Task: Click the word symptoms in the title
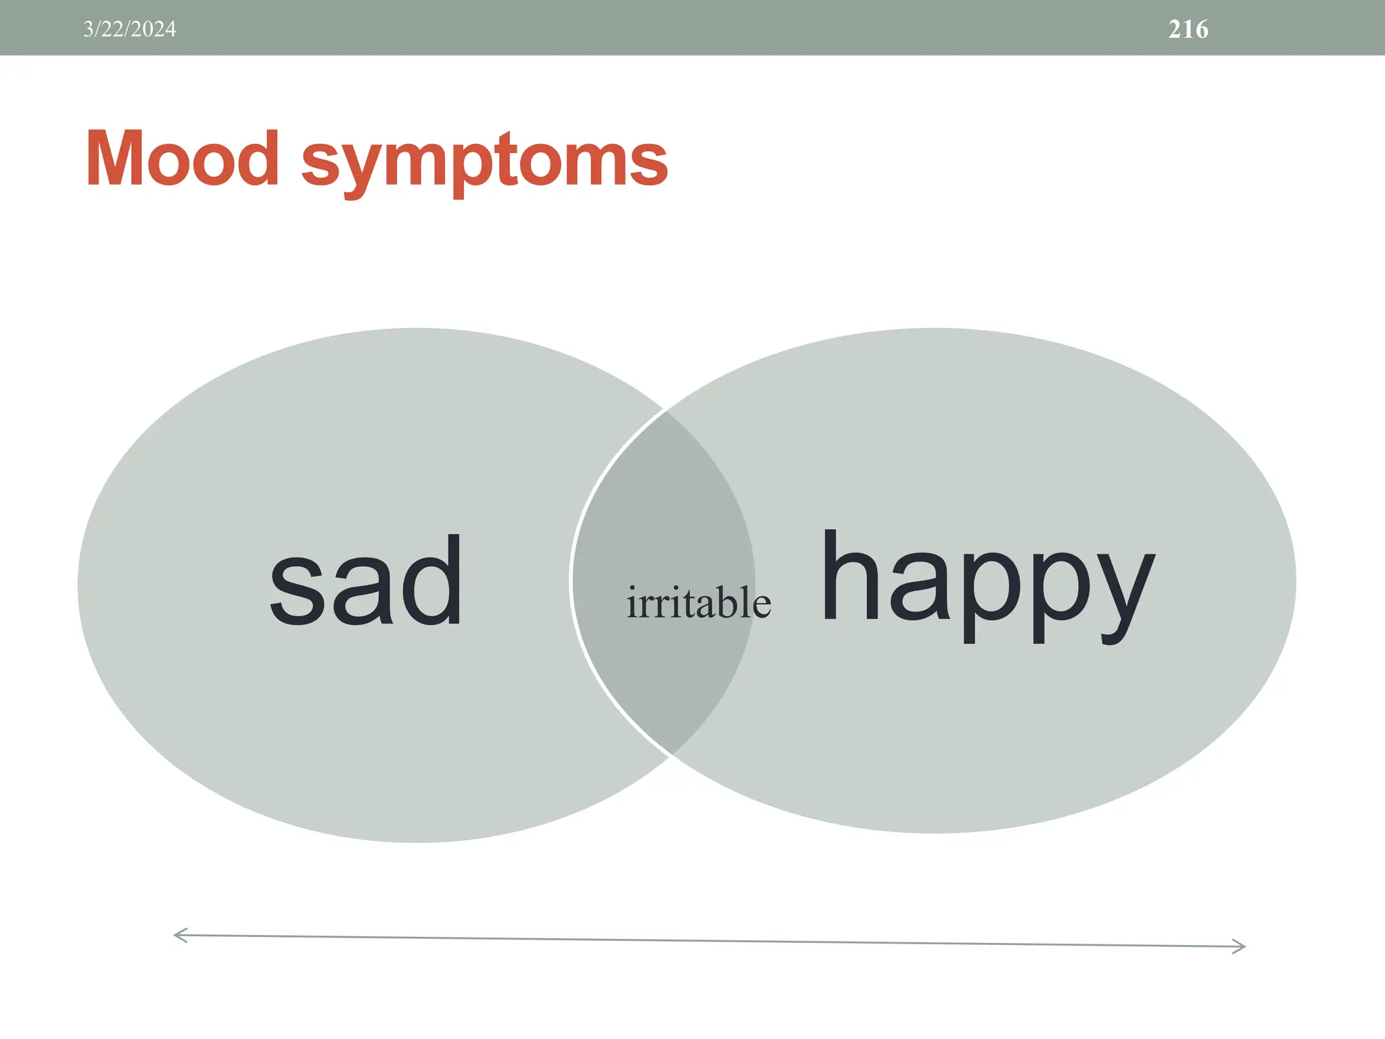(484, 162)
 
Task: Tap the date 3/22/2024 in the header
(130, 29)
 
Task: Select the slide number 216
(1188, 29)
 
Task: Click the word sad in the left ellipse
(366, 582)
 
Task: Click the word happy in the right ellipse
(987, 582)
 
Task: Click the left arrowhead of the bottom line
(177, 936)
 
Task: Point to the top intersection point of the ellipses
(666, 410)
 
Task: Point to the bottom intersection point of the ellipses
(671, 755)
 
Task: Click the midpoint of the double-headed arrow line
(710, 941)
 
